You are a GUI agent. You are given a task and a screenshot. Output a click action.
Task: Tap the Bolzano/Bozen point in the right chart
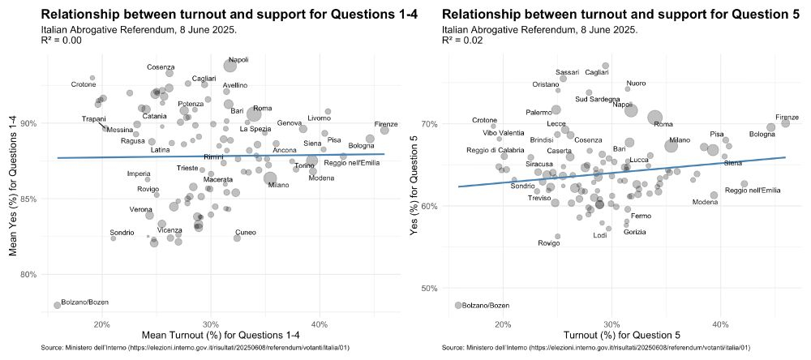[458, 305]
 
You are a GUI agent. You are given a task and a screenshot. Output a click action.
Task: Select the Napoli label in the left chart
[238, 59]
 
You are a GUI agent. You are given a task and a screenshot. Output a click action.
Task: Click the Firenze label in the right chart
[787, 118]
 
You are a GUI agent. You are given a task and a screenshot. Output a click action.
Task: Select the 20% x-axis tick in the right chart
[502, 324]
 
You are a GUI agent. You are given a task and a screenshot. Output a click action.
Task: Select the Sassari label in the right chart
[568, 72]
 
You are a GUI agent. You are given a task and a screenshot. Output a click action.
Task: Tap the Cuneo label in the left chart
[246, 233]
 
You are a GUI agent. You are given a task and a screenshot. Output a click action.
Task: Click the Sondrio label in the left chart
[122, 233]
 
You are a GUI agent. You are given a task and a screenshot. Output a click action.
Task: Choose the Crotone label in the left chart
[84, 84]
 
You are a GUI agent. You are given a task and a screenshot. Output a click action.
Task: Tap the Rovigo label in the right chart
[549, 243]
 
